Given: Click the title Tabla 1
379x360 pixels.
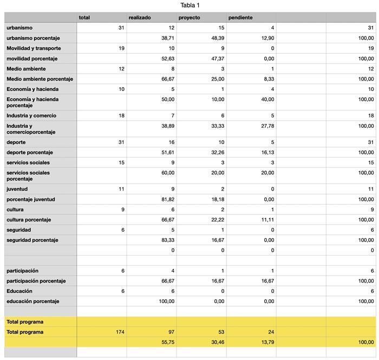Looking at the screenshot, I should (x=190, y=5).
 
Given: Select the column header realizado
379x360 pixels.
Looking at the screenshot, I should (x=140, y=17).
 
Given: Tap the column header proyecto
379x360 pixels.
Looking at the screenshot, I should (x=189, y=17).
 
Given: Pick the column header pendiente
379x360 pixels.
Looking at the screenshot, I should (x=240, y=17).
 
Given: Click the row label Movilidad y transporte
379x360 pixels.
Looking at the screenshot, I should (x=34, y=48).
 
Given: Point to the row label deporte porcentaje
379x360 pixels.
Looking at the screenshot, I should (x=29, y=152).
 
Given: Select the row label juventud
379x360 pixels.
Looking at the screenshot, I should (x=17, y=189).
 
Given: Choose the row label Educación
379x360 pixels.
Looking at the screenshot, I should (x=19, y=291).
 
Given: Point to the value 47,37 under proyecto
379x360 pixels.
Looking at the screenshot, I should (x=217, y=58).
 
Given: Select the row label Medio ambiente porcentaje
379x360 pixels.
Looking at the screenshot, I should (x=40, y=79).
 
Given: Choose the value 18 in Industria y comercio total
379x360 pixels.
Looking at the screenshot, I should (x=121, y=115).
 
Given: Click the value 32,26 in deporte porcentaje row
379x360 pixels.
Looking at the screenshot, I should (x=217, y=152).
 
